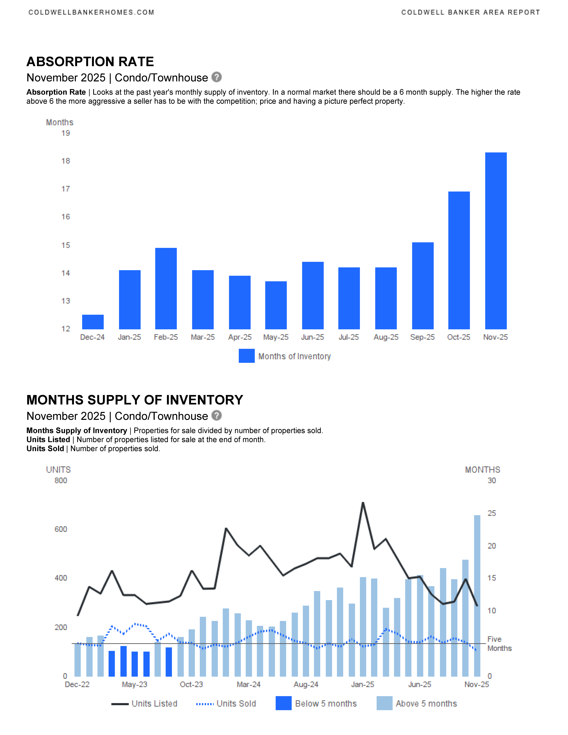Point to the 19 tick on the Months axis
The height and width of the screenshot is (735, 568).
click(66, 133)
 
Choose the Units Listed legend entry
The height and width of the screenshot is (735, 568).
click(145, 704)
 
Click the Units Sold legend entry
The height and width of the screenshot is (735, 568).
click(226, 704)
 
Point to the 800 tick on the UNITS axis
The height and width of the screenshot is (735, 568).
click(61, 481)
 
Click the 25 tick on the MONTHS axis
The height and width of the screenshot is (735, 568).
click(492, 513)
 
